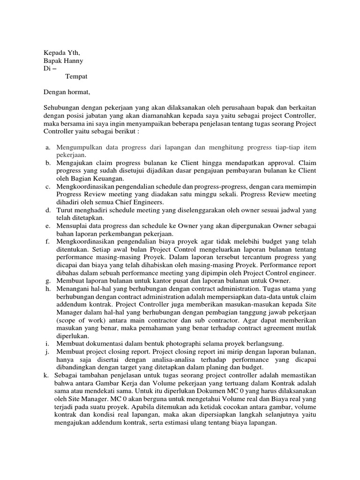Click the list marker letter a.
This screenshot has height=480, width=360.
tap(47, 148)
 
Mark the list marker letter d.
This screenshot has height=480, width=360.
tap(47, 210)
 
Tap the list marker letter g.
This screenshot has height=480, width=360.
tap(47, 281)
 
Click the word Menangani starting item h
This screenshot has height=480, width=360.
tap(74, 289)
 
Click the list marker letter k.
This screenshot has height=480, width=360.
tap(45, 375)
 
